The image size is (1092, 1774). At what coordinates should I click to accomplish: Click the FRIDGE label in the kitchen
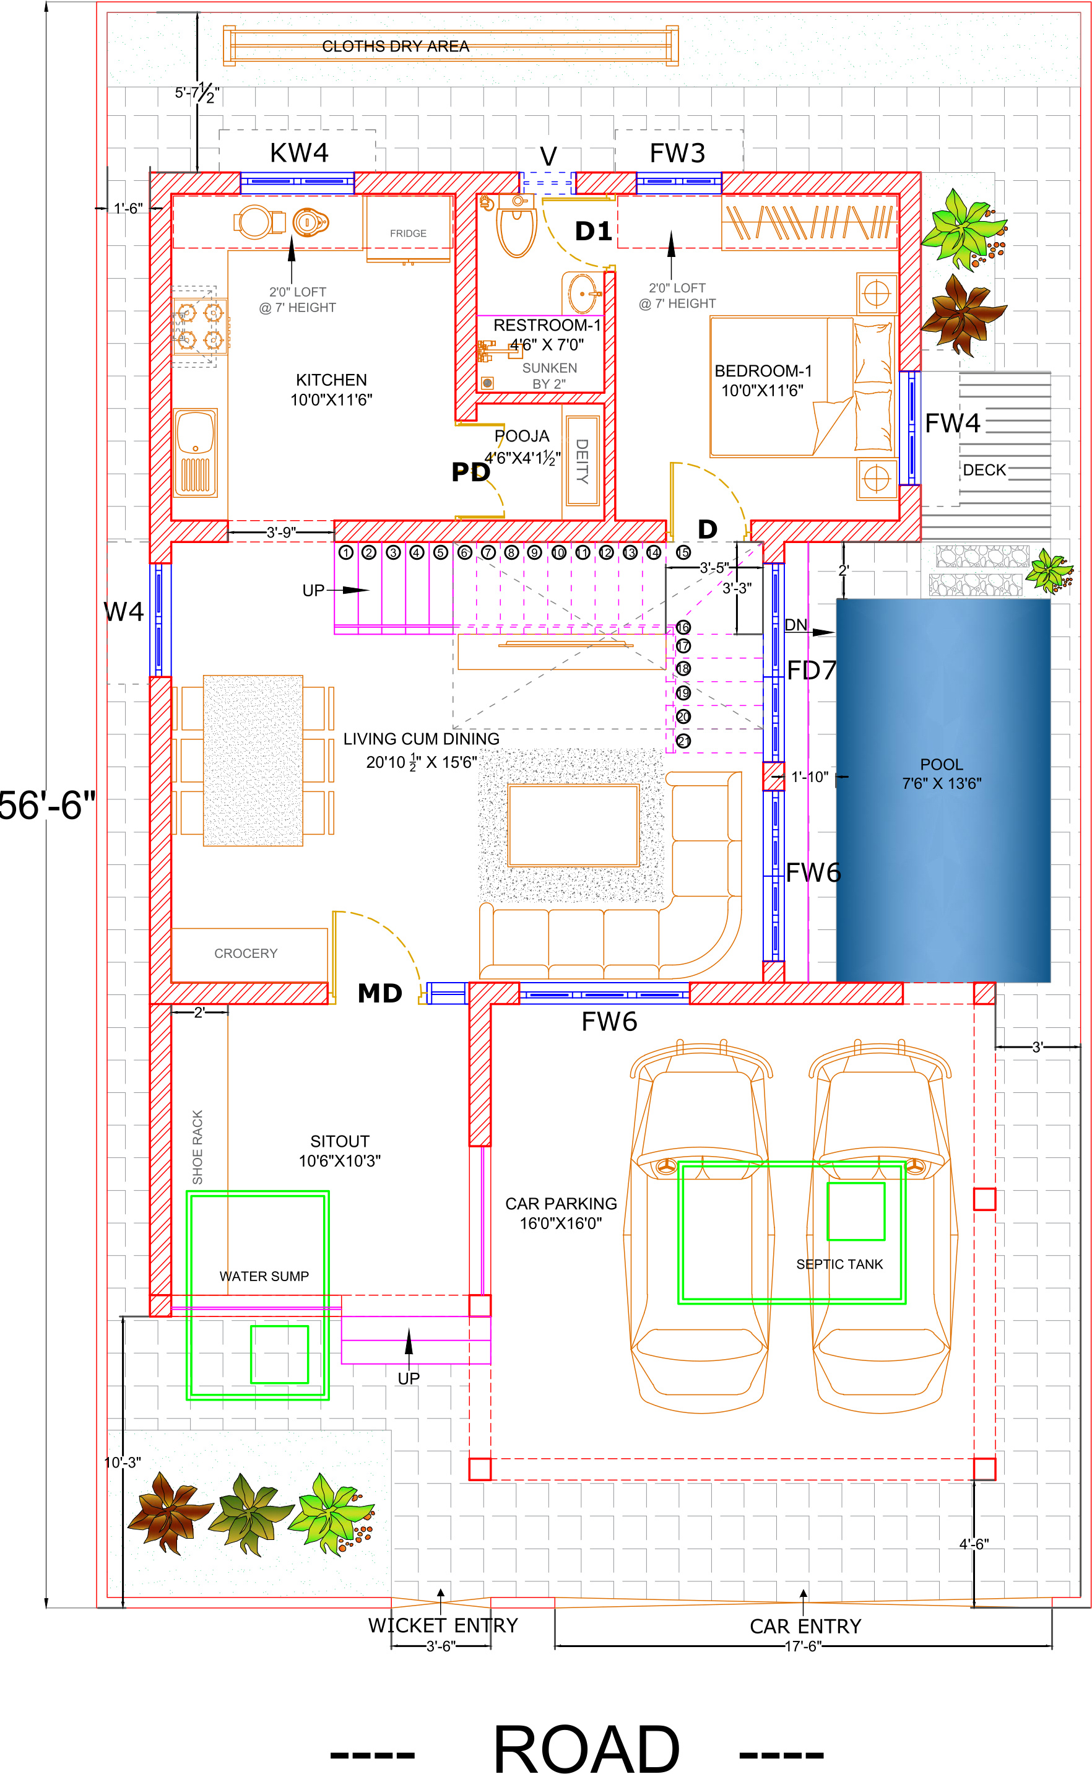(x=408, y=233)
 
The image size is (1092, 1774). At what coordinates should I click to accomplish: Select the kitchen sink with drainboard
(x=195, y=453)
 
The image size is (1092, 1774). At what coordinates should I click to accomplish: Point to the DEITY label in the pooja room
(x=582, y=461)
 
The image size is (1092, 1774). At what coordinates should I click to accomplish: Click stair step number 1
(x=346, y=552)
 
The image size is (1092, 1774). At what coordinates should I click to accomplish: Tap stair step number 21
(x=683, y=741)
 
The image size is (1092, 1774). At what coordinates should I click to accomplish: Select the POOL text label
(x=941, y=764)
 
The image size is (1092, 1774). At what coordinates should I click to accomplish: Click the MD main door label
(x=380, y=993)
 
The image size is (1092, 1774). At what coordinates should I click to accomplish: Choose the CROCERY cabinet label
(x=246, y=954)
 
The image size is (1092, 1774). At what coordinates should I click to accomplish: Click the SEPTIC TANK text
(x=839, y=1264)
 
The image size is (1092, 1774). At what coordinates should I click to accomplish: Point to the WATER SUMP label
(x=264, y=1276)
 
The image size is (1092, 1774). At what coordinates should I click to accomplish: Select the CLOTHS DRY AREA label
(x=396, y=46)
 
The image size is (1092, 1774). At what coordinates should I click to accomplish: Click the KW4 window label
(x=299, y=153)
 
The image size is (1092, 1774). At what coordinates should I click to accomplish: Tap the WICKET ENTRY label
(x=443, y=1626)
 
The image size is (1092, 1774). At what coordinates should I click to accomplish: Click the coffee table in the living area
(x=573, y=825)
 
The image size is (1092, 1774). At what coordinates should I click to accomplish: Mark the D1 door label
(x=593, y=231)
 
